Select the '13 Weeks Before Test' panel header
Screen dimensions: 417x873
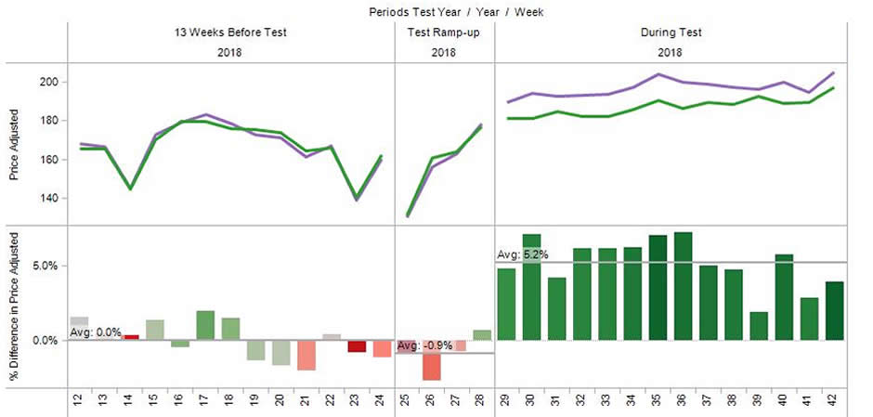pyautogui.click(x=231, y=33)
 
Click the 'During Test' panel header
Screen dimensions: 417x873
pyautogui.click(x=671, y=33)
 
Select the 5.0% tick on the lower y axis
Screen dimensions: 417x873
pyautogui.click(x=47, y=266)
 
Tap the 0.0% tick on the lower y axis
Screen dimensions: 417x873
pyautogui.click(x=47, y=340)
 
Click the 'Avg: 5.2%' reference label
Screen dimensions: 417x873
pyautogui.click(x=523, y=254)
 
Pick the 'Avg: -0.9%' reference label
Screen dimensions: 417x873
pyautogui.click(x=424, y=345)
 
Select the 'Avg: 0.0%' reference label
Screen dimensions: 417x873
pyautogui.click(x=96, y=332)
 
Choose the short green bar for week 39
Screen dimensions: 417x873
pyautogui.click(x=759, y=326)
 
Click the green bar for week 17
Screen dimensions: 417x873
pyautogui.click(x=205, y=325)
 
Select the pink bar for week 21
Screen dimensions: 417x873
pyautogui.click(x=306, y=355)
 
